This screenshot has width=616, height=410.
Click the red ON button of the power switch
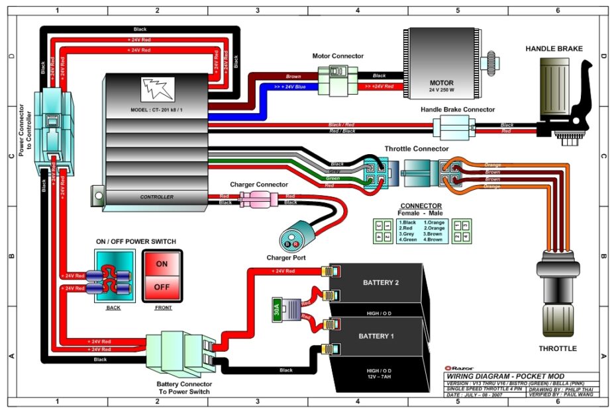tap(162, 264)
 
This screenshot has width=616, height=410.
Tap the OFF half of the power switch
tap(162, 288)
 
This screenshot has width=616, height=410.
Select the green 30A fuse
tap(276, 309)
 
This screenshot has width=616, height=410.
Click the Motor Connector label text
tap(338, 56)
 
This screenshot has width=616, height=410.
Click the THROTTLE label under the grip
tap(557, 348)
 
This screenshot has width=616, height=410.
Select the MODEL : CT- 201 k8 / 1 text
tap(157, 109)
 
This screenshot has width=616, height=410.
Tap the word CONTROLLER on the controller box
tap(156, 197)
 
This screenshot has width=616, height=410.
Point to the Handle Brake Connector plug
tap(448, 126)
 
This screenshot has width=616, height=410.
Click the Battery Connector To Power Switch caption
tap(184, 388)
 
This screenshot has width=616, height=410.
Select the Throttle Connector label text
tap(416, 149)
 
